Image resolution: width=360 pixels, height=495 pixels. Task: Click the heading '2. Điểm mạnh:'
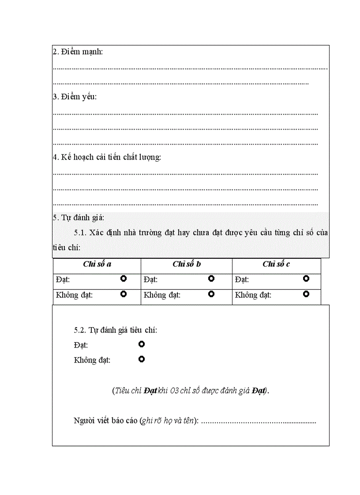(x=78, y=52)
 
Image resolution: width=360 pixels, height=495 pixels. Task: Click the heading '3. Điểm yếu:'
(x=75, y=97)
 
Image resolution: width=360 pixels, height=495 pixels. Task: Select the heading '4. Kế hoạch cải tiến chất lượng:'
(x=107, y=157)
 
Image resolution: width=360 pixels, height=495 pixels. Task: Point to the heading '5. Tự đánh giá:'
(x=78, y=217)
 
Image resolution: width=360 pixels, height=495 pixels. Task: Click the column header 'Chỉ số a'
(x=97, y=264)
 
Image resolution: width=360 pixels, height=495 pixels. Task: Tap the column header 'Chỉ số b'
(x=187, y=264)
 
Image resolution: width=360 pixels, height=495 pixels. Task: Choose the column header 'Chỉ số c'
(x=276, y=264)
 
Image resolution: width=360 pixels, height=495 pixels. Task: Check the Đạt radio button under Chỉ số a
(x=124, y=279)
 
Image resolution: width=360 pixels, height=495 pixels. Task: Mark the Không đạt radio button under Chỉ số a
(x=124, y=294)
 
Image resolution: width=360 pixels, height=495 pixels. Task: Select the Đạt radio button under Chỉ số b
(x=211, y=279)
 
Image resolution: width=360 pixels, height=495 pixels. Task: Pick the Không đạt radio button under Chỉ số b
(x=211, y=294)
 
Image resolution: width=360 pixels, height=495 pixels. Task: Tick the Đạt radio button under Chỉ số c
(x=306, y=279)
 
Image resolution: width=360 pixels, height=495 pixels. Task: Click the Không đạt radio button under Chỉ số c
(x=306, y=294)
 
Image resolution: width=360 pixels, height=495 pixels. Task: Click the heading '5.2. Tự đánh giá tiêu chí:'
(x=115, y=330)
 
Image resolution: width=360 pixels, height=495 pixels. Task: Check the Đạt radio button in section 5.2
(x=142, y=344)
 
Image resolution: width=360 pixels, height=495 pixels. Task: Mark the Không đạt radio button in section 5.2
(x=142, y=359)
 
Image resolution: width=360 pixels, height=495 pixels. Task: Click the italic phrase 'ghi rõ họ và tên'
(x=168, y=421)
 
